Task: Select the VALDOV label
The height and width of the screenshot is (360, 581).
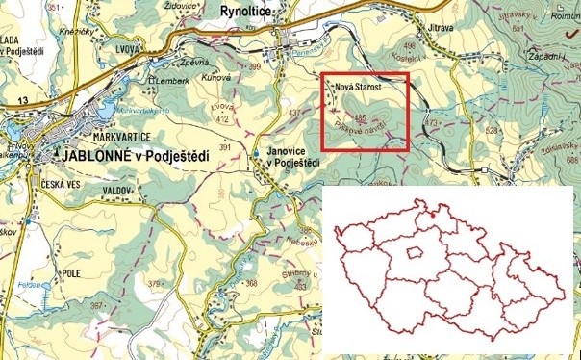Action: [116, 191]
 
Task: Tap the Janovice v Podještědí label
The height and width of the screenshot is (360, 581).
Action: [292, 156]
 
